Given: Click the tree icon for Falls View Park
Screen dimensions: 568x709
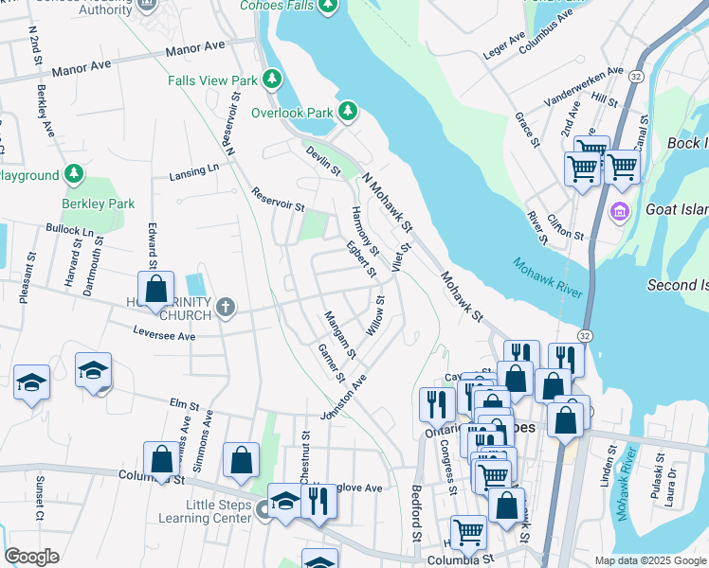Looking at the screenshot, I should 272,79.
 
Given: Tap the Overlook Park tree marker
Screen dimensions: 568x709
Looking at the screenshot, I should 348,112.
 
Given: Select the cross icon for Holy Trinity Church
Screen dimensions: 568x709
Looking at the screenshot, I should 225,307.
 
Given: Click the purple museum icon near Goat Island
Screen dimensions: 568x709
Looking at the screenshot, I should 621,210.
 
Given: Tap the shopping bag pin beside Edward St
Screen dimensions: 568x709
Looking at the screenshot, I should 156,289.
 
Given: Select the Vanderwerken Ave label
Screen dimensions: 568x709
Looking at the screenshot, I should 584,86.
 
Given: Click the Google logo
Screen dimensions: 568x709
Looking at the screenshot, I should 31,557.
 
